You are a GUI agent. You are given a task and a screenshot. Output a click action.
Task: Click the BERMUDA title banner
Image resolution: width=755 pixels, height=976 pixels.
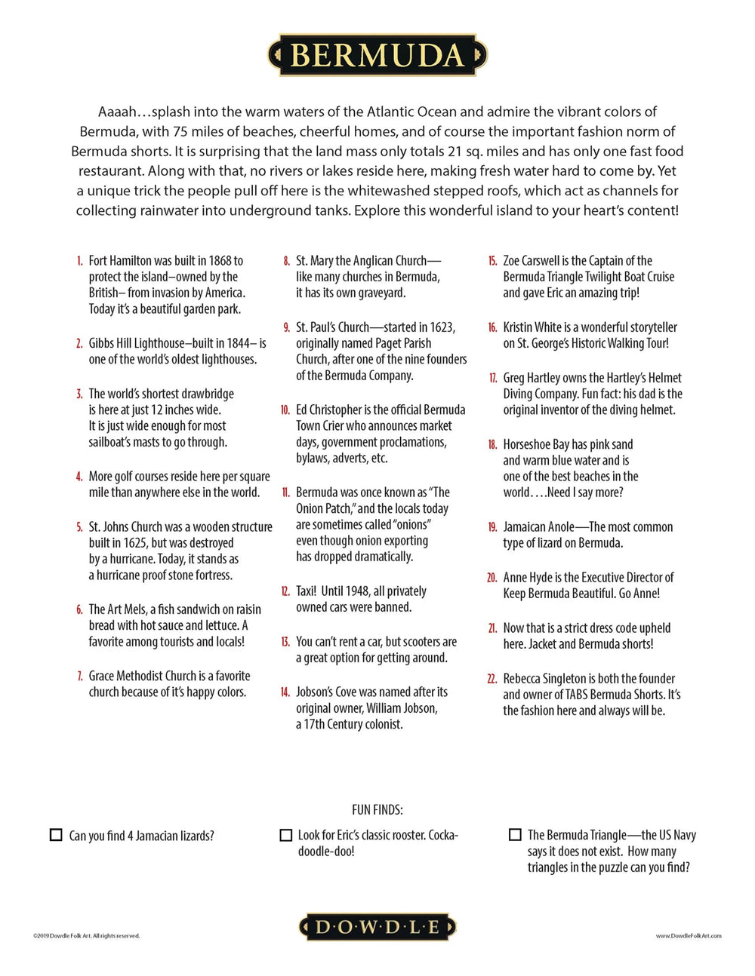pyautogui.click(x=377, y=55)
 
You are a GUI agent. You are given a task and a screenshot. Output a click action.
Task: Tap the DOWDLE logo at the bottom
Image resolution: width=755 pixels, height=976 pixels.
pyautogui.click(x=377, y=927)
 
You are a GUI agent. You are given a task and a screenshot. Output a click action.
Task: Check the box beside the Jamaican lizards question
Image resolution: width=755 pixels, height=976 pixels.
pyautogui.click(x=56, y=835)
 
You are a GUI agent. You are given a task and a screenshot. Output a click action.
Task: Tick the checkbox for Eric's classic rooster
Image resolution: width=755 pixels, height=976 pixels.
pyautogui.click(x=286, y=835)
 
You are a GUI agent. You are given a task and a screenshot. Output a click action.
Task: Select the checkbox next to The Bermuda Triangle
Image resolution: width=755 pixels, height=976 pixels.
pyautogui.click(x=515, y=834)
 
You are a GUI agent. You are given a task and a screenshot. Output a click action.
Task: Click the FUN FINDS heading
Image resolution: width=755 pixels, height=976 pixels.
pyautogui.click(x=377, y=809)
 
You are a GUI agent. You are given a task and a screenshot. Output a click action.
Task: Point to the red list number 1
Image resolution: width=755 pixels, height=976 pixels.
pyautogui.click(x=79, y=261)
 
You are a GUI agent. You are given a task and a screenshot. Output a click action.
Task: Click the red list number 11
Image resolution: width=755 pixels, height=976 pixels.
pyautogui.click(x=285, y=493)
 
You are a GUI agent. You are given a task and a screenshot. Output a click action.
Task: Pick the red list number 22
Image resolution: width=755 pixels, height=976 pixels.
pyautogui.click(x=492, y=679)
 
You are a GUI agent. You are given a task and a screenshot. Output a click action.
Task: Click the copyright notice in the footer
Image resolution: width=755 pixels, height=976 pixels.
pyautogui.click(x=86, y=936)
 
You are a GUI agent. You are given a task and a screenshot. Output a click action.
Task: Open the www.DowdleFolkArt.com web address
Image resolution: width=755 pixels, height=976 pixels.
pyautogui.click(x=689, y=936)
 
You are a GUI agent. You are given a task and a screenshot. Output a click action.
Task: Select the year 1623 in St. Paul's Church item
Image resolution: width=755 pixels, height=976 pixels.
pyautogui.click(x=441, y=327)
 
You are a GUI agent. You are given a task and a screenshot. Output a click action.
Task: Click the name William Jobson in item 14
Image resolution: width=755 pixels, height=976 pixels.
pyautogui.click(x=401, y=708)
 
